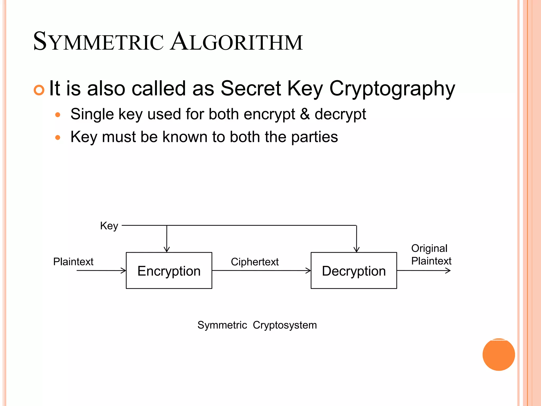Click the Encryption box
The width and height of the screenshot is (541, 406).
click(169, 270)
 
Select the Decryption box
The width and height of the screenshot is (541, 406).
click(354, 270)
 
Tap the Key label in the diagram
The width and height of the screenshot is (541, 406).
click(109, 226)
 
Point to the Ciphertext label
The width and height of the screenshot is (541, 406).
click(255, 262)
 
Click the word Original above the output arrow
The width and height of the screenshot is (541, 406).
click(429, 248)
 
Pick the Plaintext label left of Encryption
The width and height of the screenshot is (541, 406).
click(73, 262)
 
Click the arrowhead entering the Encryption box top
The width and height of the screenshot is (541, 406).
click(167, 249)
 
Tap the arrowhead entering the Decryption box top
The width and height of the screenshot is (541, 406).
click(357, 249)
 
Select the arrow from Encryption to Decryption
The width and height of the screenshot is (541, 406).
click(261, 270)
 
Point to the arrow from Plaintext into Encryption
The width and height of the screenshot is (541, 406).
click(101, 270)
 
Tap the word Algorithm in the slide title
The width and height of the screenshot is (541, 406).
click(236, 42)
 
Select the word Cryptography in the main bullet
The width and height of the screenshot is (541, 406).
click(392, 89)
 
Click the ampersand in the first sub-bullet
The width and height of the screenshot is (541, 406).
click(305, 114)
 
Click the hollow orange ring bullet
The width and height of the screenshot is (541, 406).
click(39, 90)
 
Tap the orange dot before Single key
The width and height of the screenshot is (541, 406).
click(58, 115)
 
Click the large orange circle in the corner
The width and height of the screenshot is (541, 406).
click(498, 354)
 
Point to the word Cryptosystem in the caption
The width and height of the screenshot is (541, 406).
click(285, 325)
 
